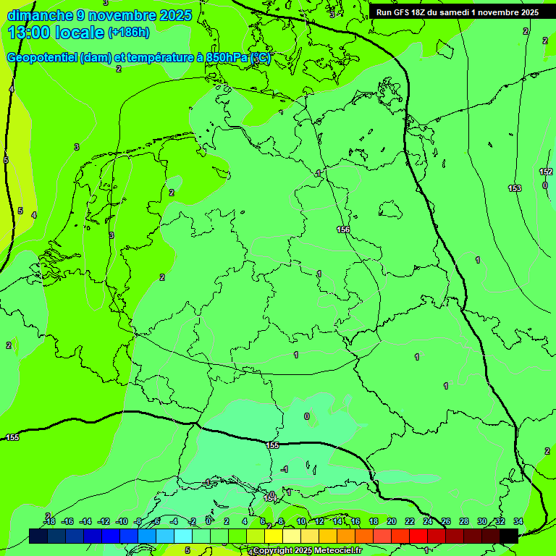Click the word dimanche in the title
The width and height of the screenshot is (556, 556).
39,15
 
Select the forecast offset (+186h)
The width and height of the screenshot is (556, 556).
128,33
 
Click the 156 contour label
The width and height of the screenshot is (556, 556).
343,229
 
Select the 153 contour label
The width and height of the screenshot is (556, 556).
514,188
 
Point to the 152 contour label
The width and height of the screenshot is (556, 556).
546,172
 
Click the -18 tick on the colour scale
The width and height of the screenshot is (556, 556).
49,521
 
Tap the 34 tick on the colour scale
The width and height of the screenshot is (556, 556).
518,521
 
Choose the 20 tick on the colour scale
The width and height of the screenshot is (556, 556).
391,521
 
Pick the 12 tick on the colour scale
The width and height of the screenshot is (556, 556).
319,521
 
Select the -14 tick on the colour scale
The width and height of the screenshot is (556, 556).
85,521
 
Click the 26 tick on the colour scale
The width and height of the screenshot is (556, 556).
445,521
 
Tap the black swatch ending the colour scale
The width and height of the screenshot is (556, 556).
509,536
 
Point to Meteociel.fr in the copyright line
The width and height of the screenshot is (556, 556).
339,551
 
